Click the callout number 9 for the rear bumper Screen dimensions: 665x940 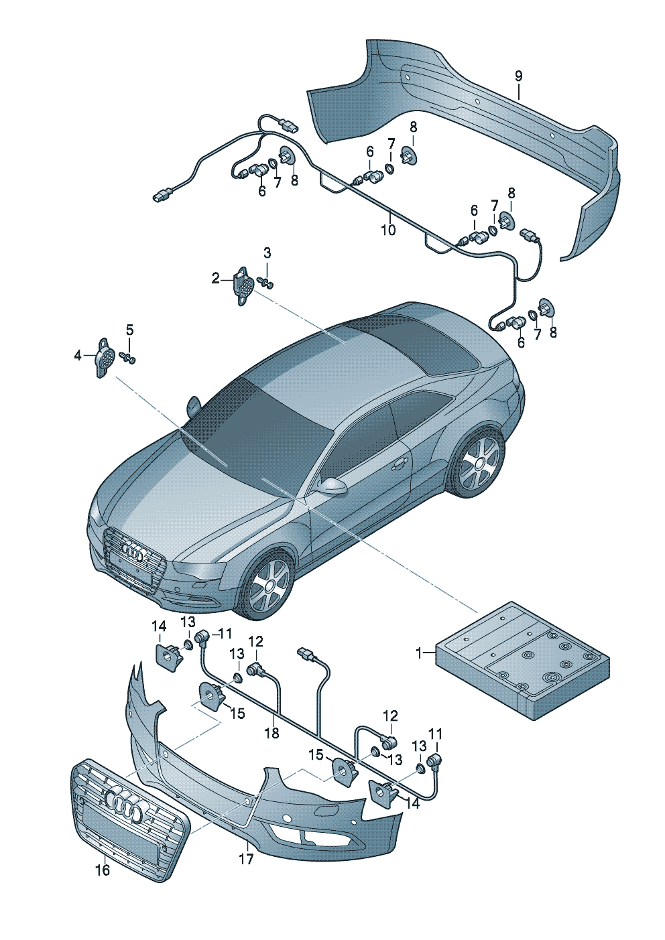pyautogui.click(x=518, y=76)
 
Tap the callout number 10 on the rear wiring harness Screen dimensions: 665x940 pyautogui.click(x=388, y=230)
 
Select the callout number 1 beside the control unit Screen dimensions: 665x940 pyautogui.click(x=420, y=653)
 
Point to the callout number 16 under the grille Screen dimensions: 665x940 pyautogui.click(x=102, y=870)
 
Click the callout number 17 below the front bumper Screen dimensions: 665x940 pyautogui.click(x=246, y=858)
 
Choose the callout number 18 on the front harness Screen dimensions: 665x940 pyautogui.click(x=271, y=733)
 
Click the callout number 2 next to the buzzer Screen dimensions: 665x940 pyautogui.click(x=215, y=278)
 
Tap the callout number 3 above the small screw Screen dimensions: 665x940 pyautogui.click(x=267, y=253)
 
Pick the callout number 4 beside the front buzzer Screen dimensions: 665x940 pyautogui.click(x=78, y=356)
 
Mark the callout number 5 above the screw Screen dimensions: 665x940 pyautogui.click(x=129, y=330)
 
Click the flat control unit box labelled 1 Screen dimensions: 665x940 pyautogui.click(x=523, y=660)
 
